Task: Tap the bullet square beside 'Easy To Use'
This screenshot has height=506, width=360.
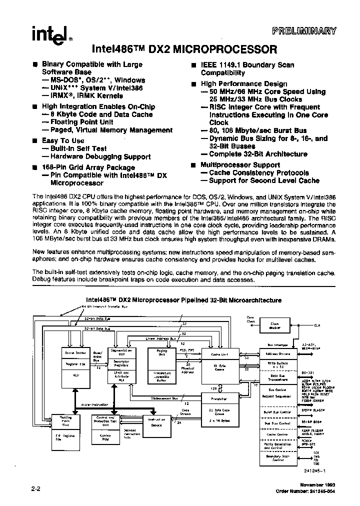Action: pos(34,141)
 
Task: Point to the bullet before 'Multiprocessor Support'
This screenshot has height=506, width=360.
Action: pos(193,165)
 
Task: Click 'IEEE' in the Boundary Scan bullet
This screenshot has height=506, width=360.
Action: pos(211,65)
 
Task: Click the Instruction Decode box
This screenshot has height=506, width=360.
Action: pos(157,423)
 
